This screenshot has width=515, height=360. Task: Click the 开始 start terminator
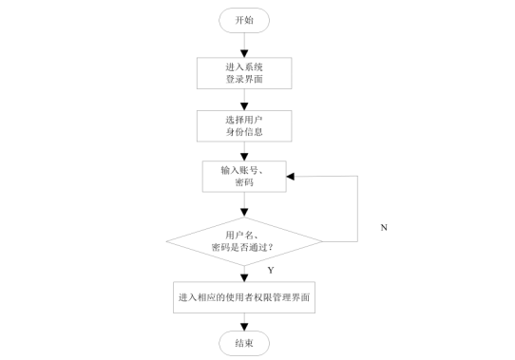(244, 20)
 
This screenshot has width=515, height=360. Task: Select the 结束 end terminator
(244, 343)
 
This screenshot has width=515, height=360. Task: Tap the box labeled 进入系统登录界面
(244, 73)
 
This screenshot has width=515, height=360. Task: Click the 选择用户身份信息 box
(244, 126)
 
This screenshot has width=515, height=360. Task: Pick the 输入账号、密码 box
(244, 177)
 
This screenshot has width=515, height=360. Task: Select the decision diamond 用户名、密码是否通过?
(244, 241)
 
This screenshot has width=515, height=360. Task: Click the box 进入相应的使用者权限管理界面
(244, 297)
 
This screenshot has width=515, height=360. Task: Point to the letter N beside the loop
(384, 227)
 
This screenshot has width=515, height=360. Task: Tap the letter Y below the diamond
(271, 270)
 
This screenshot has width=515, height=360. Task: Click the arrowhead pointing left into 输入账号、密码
(291, 177)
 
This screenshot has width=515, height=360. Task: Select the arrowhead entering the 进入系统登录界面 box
(244, 53)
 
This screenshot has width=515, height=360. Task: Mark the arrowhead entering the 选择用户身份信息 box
(244, 106)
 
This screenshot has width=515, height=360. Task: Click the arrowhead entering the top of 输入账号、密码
(244, 157)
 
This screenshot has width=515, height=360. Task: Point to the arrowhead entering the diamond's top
(244, 213)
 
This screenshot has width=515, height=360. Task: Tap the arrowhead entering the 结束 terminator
(244, 327)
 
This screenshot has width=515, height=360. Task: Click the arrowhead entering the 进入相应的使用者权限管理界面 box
(244, 277)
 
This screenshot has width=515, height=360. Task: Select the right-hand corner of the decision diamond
(322, 241)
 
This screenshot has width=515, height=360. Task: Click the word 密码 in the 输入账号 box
(244, 182)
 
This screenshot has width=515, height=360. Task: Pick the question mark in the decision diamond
(271, 247)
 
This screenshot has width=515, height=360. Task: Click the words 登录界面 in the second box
(244, 79)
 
